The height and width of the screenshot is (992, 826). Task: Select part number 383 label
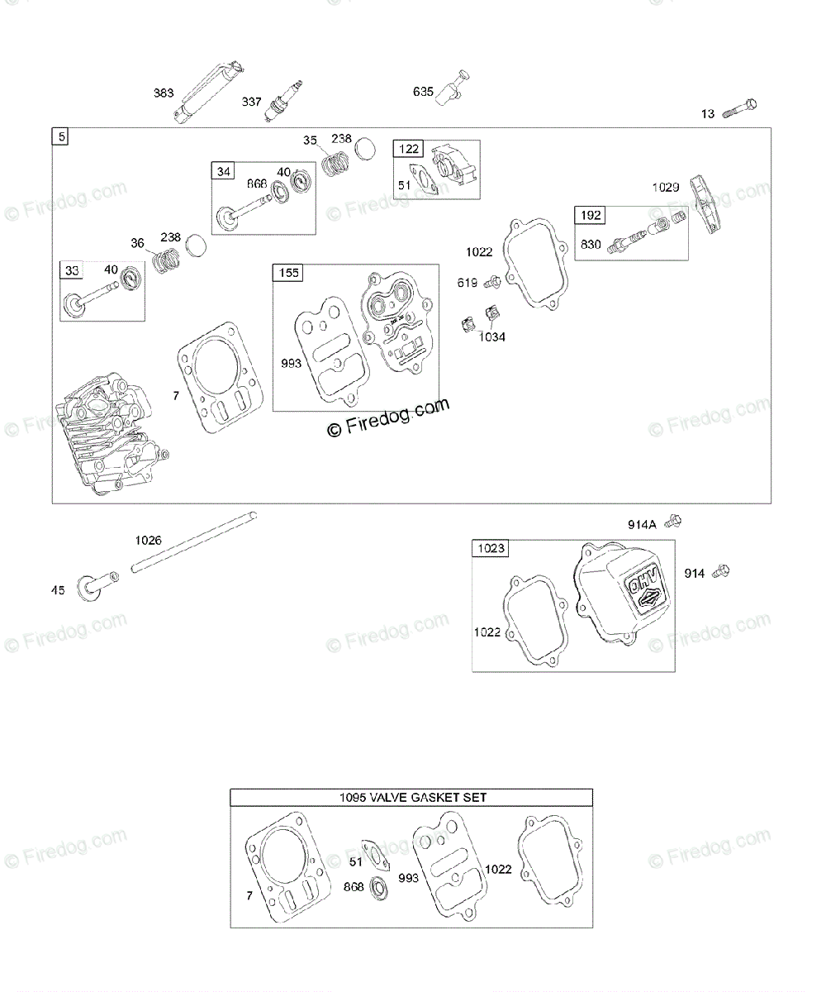point(164,93)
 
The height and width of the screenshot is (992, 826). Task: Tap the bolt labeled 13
point(740,108)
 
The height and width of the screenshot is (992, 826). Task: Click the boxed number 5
point(60,136)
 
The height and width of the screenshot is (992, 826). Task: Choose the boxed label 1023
point(490,548)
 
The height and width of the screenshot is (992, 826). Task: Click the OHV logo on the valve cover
point(643,593)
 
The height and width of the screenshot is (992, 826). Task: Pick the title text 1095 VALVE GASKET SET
point(412,798)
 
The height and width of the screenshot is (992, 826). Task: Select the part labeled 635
point(457,86)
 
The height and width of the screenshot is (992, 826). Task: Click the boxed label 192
point(591,216)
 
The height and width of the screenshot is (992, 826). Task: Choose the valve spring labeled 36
point(169,261)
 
